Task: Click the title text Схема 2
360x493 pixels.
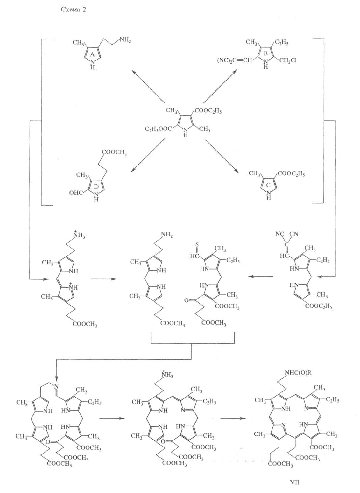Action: tap(73, 10)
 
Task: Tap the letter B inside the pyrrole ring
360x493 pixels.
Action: tap(266, 54)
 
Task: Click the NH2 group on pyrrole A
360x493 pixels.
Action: tap(125, 40)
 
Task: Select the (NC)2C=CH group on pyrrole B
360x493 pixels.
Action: tap(236, 60)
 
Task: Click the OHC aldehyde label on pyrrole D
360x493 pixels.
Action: tap(76, 193)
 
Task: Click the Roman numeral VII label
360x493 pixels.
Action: tap(295, 482)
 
